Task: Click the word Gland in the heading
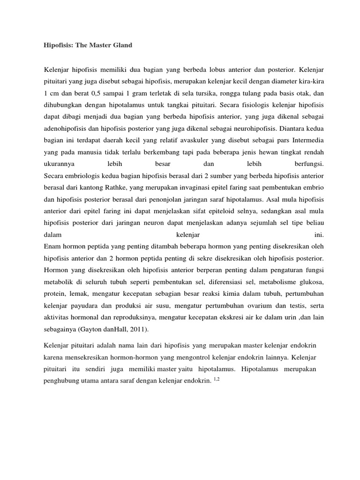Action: pyautogui.click(x=121, y=45)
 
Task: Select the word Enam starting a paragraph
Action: pyautogui.click(x=52, y=246)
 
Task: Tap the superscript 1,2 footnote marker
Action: pyautogui.click(x=216, y=379)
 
